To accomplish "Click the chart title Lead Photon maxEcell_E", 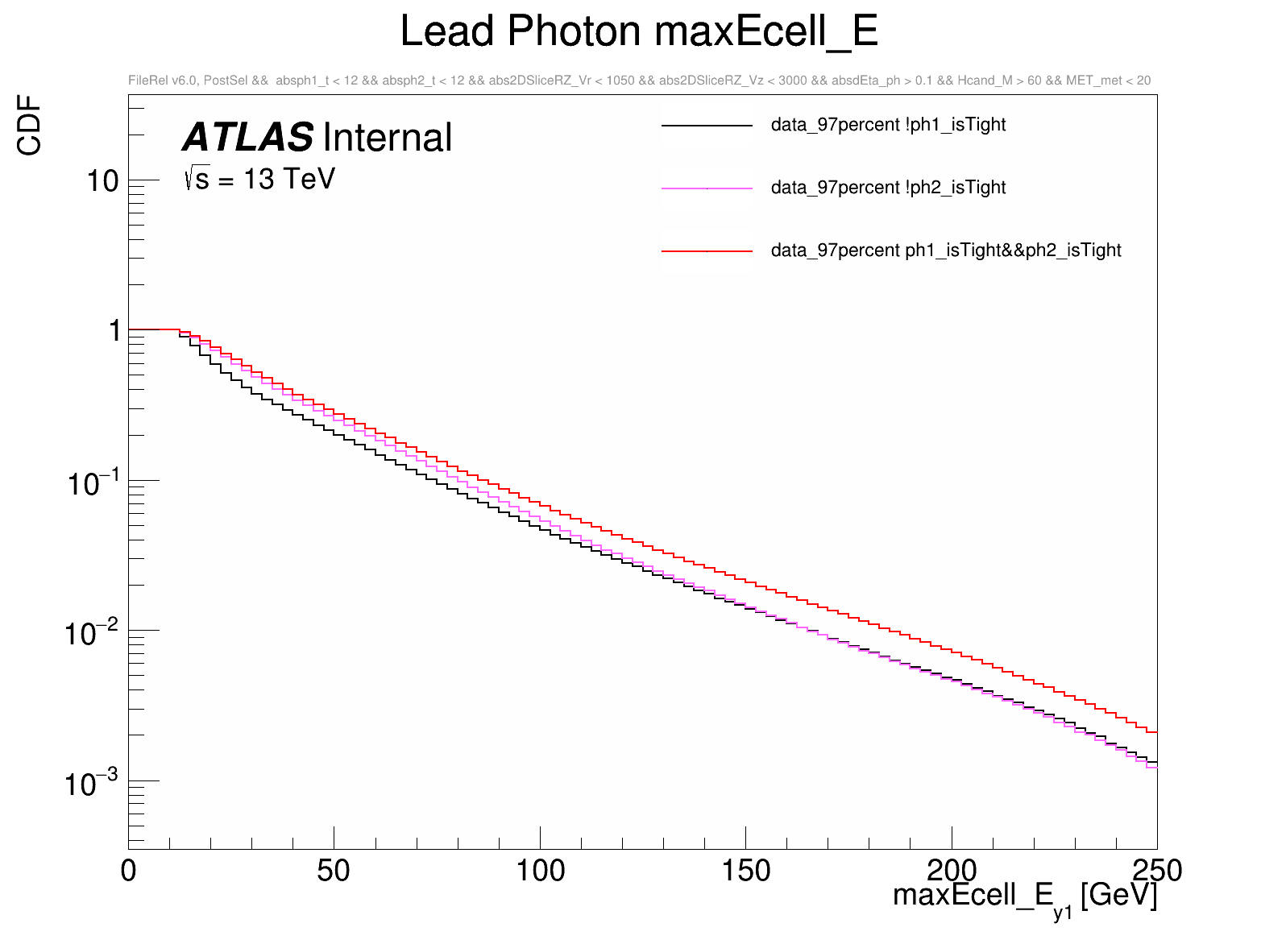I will (x=638, y=32).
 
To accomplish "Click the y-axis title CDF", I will (x=30, y=125).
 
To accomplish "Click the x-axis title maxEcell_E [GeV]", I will (x=1024, y=896).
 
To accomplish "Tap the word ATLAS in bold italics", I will (x=248, y=138).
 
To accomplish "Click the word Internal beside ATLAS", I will (x=388, y=138).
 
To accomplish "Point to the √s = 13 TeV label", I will (x=259, y=179).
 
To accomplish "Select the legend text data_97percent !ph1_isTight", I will (x=888, y=125).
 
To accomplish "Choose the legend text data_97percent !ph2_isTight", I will (x=888, y=188).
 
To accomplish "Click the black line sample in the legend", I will (x=707, y=126).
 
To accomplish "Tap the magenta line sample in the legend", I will (x=707, y=188).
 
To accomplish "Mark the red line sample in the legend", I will (x=707, y=251).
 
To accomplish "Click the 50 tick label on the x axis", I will (x=334, y=871).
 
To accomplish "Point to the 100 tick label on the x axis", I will (x=540, y=871).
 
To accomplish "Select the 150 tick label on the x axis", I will (x=745, y=871).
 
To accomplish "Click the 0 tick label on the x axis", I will (x=129, y=871).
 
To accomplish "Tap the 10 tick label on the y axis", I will (x=103, y=181).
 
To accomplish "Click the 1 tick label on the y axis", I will (x=114, y=330).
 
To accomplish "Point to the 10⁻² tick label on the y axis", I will (x=92, y=633).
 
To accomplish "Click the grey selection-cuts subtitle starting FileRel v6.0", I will (x=639, y=81).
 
